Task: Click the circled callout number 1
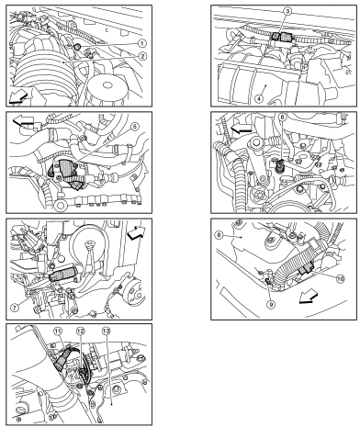[141, 43]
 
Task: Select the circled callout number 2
[141, 56]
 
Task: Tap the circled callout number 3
[287, 11]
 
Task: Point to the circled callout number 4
[259, 99]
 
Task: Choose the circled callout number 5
[135, 127]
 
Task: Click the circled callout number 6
[282, 118]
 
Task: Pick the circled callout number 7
[15, 308]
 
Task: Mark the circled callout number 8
[219, 235]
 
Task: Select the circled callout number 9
[271, 304]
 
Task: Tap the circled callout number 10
[340, 278]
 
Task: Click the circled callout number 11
[58, 331]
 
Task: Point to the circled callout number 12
[80, 331]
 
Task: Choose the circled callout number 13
[107, 331]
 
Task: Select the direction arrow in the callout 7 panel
[137, 232]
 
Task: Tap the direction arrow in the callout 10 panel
[309, 298]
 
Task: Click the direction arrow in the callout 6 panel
[241, 129]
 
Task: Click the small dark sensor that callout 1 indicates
[77, 47]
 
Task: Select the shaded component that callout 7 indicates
[62, 274]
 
